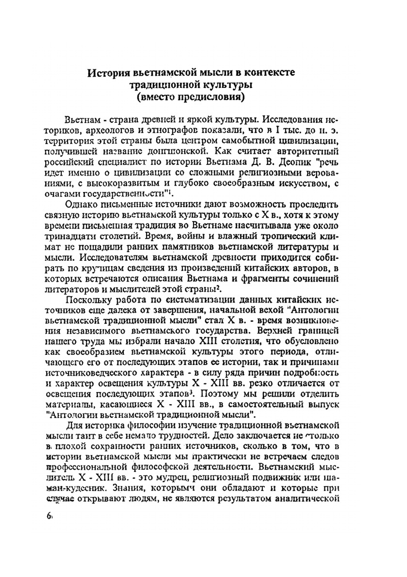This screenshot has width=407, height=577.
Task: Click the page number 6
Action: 49,516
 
